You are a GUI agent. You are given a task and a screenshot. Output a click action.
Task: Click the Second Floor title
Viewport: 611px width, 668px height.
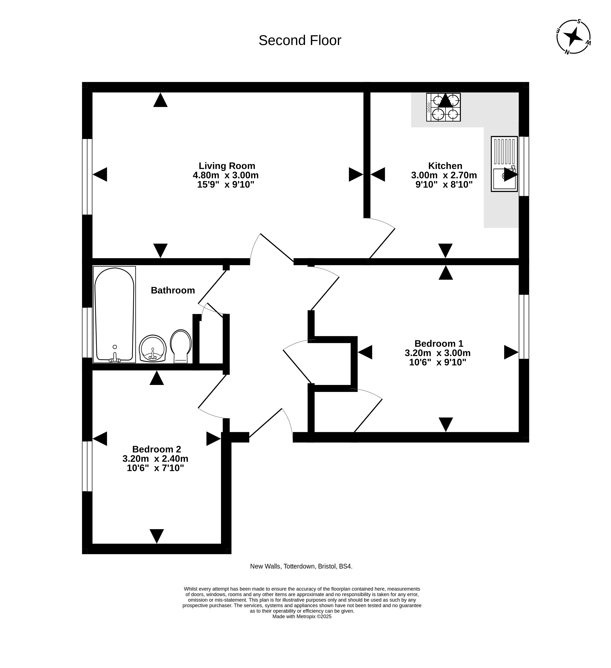(x=300, y=40)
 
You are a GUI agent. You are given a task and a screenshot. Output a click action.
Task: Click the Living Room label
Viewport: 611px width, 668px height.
(x=227, y=166)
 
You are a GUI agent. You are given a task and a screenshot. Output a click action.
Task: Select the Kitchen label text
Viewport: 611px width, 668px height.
(x=445, y=166)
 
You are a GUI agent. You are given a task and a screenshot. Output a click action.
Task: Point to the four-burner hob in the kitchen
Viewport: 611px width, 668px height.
(x=443, y=107)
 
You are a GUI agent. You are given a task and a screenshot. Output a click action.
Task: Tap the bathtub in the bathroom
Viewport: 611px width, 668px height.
(x=114, y=314)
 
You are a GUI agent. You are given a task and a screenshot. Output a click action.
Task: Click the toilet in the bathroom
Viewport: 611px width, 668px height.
(x=181, y=346)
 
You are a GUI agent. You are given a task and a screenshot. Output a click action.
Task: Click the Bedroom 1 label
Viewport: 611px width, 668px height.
(x=439, y=343)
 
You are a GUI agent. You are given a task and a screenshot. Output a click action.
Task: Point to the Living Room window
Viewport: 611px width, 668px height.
(x=87, y=177)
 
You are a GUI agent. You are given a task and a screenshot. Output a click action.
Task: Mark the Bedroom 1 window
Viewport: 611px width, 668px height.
(x=524, y=327)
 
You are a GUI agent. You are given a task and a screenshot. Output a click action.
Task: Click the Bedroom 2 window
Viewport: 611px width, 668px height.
(x=87, y=466)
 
